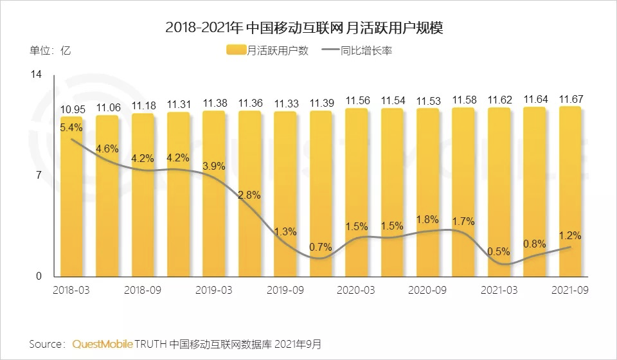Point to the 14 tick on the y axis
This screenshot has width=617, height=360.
tap(36, 75)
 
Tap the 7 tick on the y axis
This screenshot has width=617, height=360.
tap(38, 175)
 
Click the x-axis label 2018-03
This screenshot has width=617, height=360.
tap(71, 290)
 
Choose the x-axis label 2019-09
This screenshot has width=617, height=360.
tap(285, 290)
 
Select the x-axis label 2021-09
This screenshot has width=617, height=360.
tap(570, 290)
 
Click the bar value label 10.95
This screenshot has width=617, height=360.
tap(71, 109)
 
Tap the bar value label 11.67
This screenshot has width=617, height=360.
tap(570, 98)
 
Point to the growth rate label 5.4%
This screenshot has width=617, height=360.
tap(71, 127)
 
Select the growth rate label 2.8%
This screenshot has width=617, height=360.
tap(249, 195)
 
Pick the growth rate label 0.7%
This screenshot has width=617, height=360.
tap(320, 247)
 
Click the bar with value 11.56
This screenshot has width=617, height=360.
tap(356, 193)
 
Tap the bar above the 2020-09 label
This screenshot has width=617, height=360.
tap(427, 193)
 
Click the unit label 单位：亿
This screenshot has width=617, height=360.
tap(49, 51)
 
